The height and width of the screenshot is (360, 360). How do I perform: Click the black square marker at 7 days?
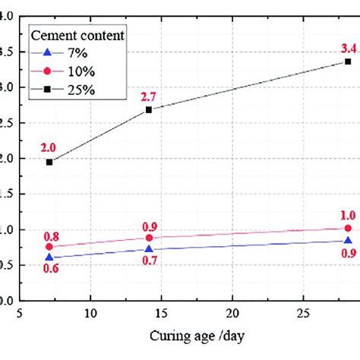[49, 162]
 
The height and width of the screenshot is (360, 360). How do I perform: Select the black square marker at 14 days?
[149, 109]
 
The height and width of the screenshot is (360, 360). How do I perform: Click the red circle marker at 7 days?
[49, 247]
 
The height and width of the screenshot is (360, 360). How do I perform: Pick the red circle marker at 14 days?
[149, 238]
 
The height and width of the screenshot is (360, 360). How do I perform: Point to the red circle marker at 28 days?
[347, 228]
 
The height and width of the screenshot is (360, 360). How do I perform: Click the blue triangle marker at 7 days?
[49, 257]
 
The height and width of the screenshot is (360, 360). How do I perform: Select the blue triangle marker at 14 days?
[149, 248]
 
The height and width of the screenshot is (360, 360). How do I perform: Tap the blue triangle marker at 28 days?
[347, 241]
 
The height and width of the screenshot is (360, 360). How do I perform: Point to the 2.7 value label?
[148, 96]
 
